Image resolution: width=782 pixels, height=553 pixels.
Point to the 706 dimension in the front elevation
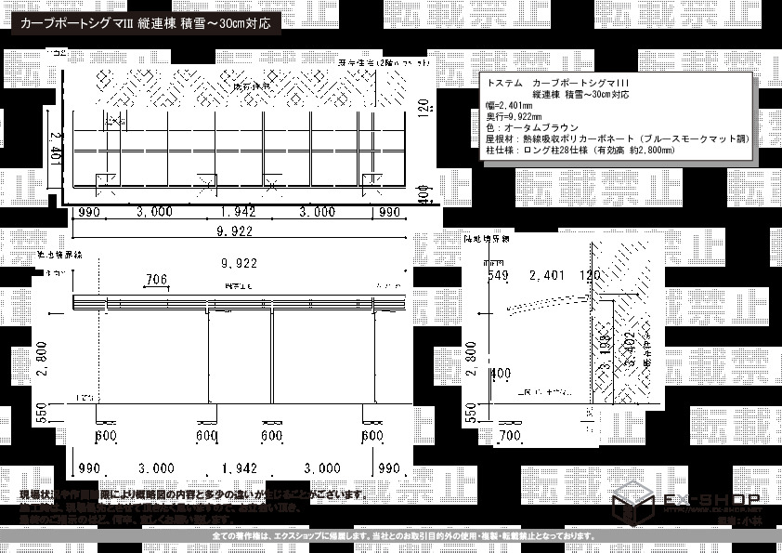(x=156, y=279)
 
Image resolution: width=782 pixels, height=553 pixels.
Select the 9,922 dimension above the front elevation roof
(x=238, y=263)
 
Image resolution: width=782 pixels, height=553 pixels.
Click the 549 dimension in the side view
(x=498, y=276)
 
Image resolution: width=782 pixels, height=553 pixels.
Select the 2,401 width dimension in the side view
(x=547, y=276)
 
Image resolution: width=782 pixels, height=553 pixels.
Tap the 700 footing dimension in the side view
(x=508, y=435)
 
